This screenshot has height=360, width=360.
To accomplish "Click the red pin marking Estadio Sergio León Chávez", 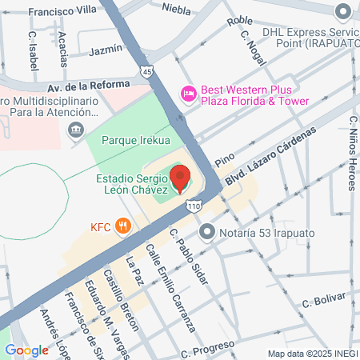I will (x=181, y=177).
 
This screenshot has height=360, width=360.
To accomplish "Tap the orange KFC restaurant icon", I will (x=122, y=226).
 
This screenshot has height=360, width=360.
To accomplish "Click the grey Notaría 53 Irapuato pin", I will (x=207, y=233).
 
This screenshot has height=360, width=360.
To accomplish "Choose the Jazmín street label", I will (x=106, y=50).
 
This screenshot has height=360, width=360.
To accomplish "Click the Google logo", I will (x=26, y=350).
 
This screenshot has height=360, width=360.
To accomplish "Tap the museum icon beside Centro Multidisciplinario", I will (x=75, y=130).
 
